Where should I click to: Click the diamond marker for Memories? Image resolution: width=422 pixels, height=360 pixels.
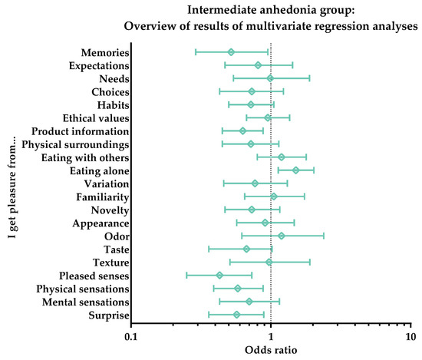(x=231, y=52)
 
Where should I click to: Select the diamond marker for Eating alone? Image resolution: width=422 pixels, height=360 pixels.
(x=295, y=170)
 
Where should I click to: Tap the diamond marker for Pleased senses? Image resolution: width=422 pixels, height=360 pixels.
(x=219, y=275)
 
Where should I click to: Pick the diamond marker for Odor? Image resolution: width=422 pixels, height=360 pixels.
(x=282, y=236)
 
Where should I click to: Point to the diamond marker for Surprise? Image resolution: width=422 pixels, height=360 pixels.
(x=236, y=315)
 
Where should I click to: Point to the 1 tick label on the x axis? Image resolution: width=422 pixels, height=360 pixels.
(x=271, y=336)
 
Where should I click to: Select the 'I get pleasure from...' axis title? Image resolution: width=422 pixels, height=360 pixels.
(x=10, y=183)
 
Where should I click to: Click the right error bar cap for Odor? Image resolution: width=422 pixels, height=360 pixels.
(x=324, y=236)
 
